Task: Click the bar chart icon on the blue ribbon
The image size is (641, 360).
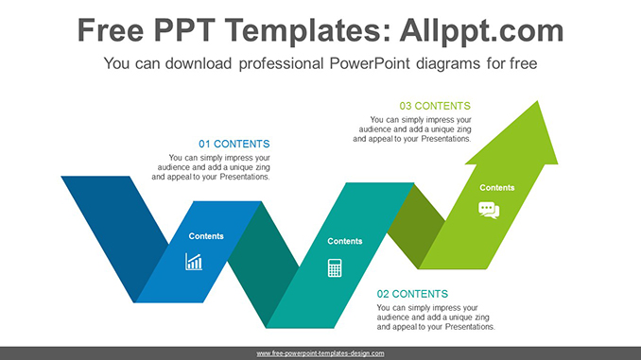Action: pos(194,262)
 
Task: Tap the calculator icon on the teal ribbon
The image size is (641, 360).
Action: pos(335,267)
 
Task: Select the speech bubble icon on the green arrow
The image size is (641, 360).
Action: pos(489,210)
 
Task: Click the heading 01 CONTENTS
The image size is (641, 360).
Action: pos(234,144)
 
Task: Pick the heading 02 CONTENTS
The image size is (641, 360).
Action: pos(412,294)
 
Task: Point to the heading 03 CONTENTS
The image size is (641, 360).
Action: pos(434,106)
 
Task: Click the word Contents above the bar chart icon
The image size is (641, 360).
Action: pos(206,236)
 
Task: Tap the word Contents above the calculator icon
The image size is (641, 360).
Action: pos(344,241)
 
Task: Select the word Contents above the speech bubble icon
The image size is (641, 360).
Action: pos(496,187)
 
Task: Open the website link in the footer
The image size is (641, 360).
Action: pos(320,352)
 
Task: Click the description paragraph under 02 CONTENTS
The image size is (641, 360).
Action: pos(435,317)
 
